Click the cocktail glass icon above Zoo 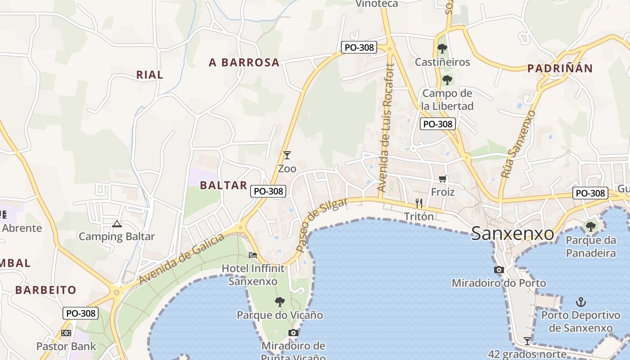click(287, 155)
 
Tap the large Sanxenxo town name click(513, 234)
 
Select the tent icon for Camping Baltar click(117, 224)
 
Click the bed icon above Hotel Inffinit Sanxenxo click(253, 255)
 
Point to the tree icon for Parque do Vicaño click(280, 301)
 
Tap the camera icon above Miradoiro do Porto click(499, 270)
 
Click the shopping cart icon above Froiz click(443, 179)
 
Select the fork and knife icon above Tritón click(418, 203)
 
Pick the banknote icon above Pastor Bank click(66, 333)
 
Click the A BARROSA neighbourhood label click(244, 63)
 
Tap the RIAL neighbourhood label click(150, 75)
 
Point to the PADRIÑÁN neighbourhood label click(560, 68)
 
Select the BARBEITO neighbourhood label click(46, 290)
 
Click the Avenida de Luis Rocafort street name click(387, 128)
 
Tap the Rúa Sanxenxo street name click(518, 144)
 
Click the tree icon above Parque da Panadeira click(590, 226)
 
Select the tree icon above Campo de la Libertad click(447, 80)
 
